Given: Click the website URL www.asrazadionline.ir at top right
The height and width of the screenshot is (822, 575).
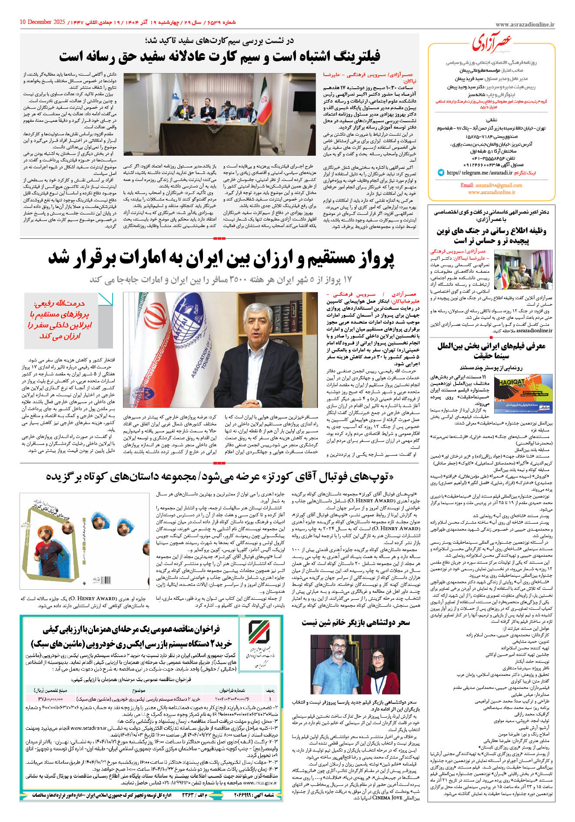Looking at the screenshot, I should [525, 25].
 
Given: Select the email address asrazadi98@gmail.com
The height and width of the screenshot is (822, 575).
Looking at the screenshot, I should [491, 185].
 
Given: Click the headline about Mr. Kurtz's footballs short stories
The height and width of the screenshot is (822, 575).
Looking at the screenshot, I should [219, 477].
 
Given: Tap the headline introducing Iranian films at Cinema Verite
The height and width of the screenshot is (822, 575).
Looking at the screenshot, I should [491, 351].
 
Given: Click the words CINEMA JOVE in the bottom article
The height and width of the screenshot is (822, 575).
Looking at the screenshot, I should [387, 798].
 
